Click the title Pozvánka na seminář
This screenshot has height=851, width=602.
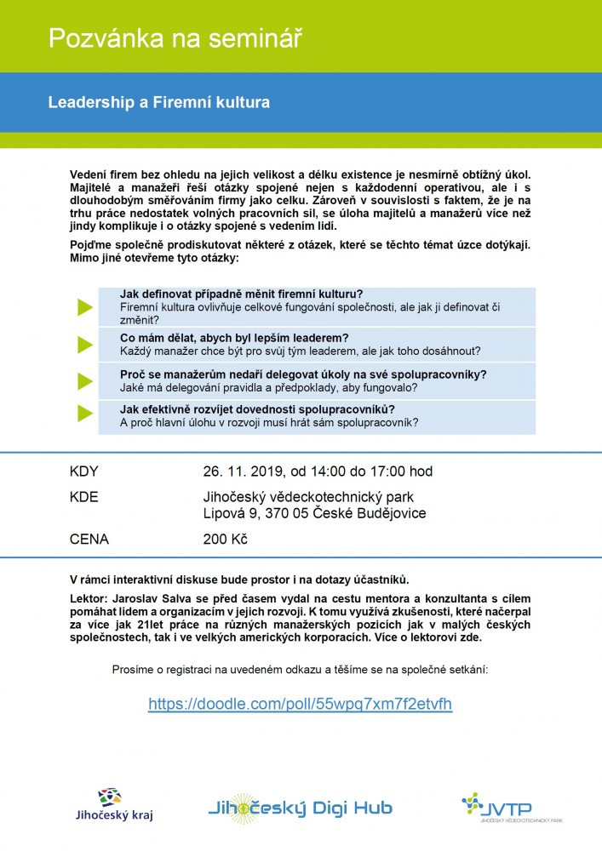coord(175,37)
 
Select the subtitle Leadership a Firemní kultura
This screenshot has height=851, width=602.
coord(159,102)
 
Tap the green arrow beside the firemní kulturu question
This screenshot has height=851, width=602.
coord(83,306)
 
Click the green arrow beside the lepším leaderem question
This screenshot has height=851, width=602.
coord(83,344)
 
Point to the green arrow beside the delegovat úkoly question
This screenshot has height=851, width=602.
coord(83,380)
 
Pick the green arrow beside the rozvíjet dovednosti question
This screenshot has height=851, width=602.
coord(83,414)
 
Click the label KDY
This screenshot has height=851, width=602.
coord(83,471)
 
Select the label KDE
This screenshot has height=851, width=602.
coord(83,497)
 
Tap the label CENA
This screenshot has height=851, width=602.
coord(89,539)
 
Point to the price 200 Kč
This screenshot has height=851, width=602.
coord(226,539)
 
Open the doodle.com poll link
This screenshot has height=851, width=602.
coord(300,704)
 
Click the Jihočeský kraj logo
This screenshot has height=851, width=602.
coord(114,805)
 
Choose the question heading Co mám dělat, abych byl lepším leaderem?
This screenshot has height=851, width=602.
coord(234,338)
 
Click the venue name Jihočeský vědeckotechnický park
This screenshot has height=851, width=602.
coord(314,497)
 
